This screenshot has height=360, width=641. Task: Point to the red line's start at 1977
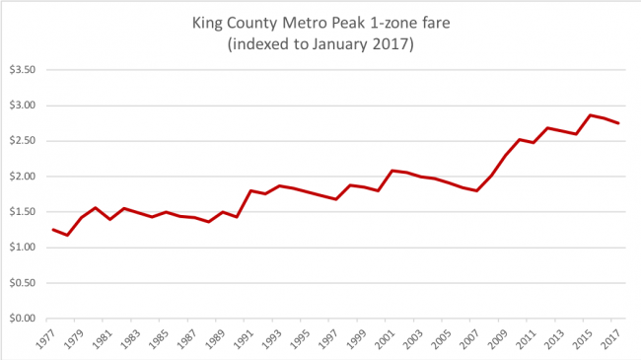pyautogui.click(x=53, y=229)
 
